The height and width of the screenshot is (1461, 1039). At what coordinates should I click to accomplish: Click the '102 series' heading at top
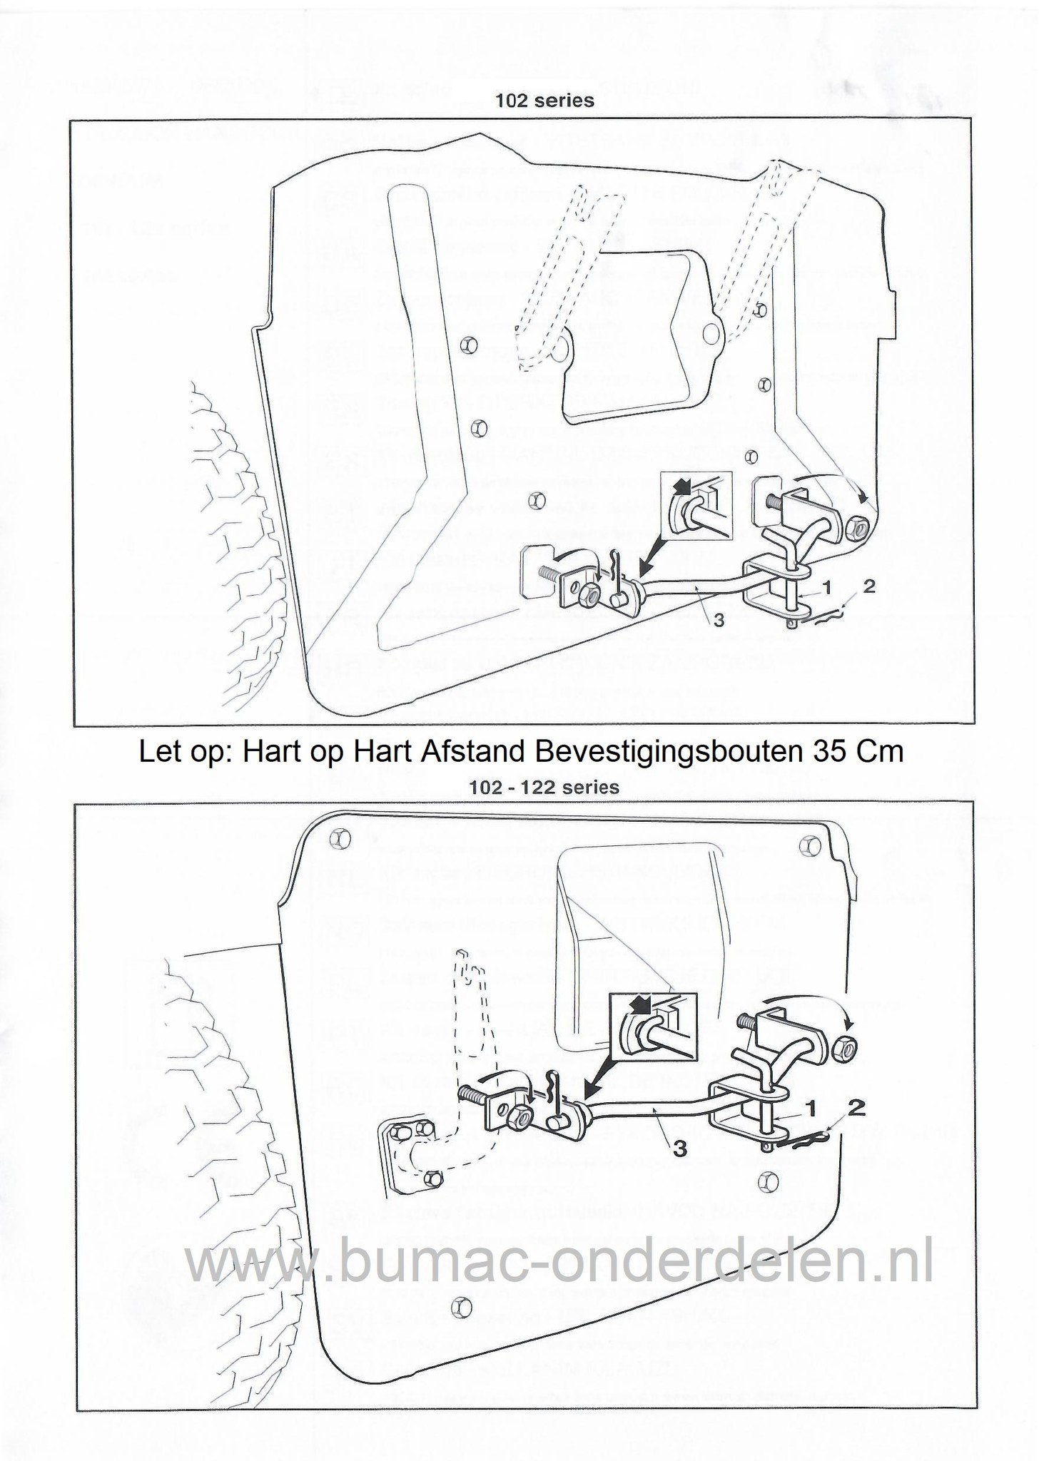pyautogui.click(x=544, y=101)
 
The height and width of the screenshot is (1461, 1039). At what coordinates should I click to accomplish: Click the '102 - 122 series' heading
pyautogui.click(x=544, y=788)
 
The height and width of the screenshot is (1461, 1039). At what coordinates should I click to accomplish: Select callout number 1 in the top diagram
pyautogui.click(x=826, y=588)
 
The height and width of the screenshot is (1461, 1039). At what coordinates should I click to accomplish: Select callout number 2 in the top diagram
pyautogui.click(x=868, y=586)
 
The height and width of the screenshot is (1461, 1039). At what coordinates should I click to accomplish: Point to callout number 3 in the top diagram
pyautogui.click(x=719, y=621)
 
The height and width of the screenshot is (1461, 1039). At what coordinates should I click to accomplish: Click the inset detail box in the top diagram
pyautogui.click(x=696, y=505)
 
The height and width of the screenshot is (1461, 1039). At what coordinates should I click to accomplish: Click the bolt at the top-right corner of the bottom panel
pyautogui.click(x=809, y=846)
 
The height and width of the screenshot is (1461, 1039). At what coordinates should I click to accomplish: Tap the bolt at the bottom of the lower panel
pyautogui.click(x=461, y=1307)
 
